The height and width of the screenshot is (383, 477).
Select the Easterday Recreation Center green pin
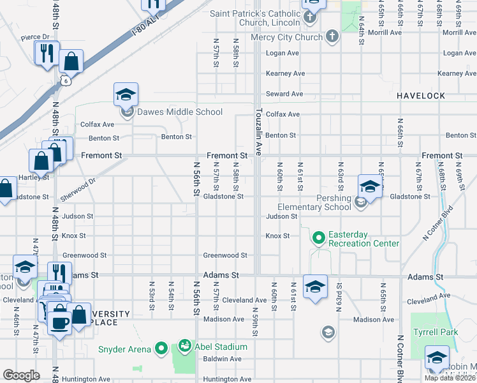(319, 238)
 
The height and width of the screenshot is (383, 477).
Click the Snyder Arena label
(124, 349)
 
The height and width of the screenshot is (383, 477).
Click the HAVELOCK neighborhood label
(420, 96)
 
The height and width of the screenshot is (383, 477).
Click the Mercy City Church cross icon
(332, 37)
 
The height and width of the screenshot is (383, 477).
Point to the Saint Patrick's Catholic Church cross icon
(309, 17)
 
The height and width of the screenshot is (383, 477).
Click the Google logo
(21, 375)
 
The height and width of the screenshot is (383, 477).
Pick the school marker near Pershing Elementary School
(369, 186)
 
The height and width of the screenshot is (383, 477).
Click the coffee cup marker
(60, 322)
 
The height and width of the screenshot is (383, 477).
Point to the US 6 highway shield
(66, 80)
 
